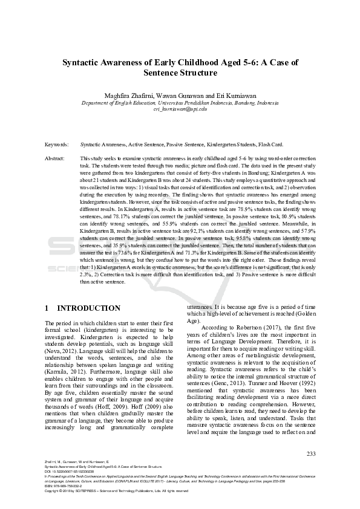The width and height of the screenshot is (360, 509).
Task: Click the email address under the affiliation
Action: pyautogui.click(x=180, y=109)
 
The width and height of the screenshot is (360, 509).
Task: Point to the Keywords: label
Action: pyautogui.click(x=57, y=145)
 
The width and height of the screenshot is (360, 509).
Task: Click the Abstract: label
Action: pyautogui.click(x=57, y=158)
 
